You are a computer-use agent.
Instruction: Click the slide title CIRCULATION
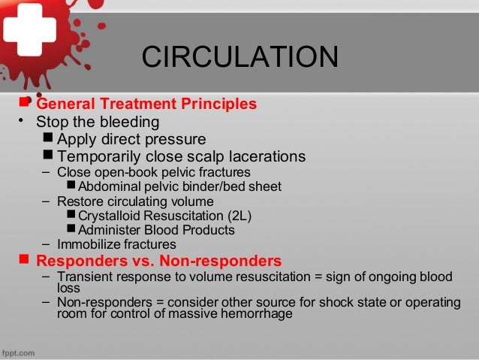point(240,58)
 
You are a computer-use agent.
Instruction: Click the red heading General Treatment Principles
point(146,103)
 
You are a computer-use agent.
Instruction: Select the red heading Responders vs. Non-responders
point(159,262)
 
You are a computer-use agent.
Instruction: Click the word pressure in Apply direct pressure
point(176,139)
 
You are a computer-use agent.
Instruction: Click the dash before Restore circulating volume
point(47,201)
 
